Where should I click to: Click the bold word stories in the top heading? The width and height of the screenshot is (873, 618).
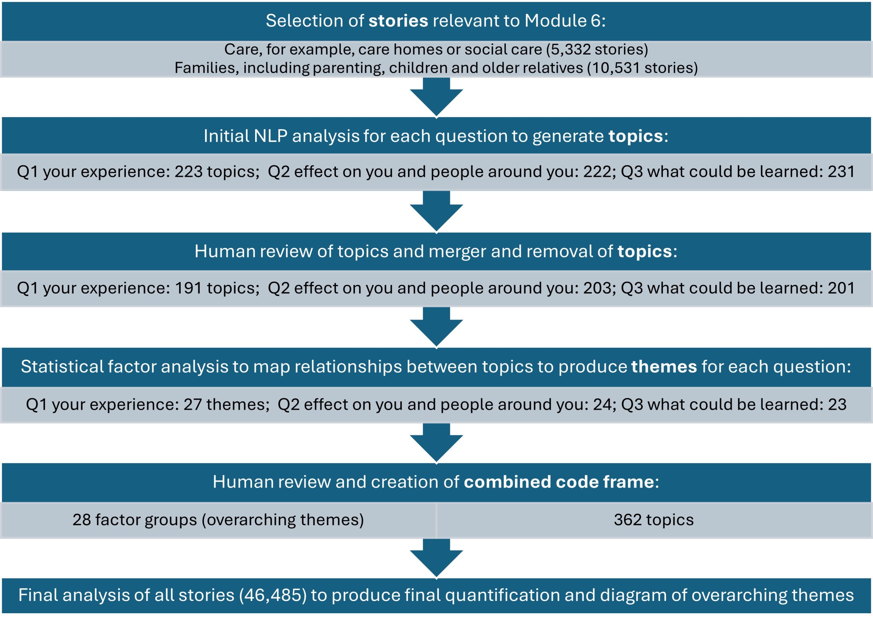tap(398, 20)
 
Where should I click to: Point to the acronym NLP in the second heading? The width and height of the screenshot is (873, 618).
tap(270, 136)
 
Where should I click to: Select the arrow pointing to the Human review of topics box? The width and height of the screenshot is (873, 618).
tap(436, 212)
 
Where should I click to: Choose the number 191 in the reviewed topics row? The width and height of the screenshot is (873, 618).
tap(188, 288)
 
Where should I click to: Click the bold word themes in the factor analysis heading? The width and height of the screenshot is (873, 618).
tap(664, 367)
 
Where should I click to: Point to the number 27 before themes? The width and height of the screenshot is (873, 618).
tap(193, 404)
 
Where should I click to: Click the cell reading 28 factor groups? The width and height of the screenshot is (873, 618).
tap(218, 520)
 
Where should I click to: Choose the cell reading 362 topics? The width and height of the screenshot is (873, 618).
tap(654, 520)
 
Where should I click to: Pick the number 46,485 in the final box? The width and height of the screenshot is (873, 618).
tap(273, 596)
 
